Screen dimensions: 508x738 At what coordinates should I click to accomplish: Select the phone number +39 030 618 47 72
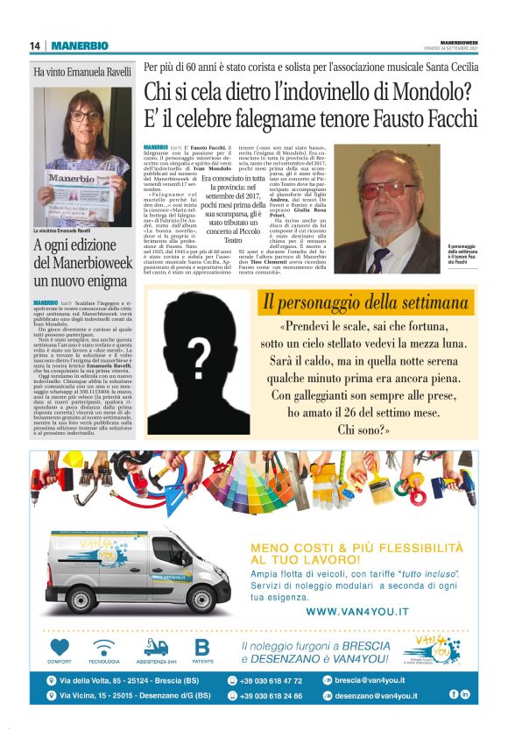[x=271, y=680]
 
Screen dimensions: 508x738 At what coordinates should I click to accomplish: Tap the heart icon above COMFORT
[x=60, y=648]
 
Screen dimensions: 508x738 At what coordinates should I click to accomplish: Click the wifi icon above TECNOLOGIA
[x=104, y=648]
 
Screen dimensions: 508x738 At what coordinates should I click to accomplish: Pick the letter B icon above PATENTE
[x=202, y=648]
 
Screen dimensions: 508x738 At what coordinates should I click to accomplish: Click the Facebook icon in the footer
[x=454, y=694]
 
